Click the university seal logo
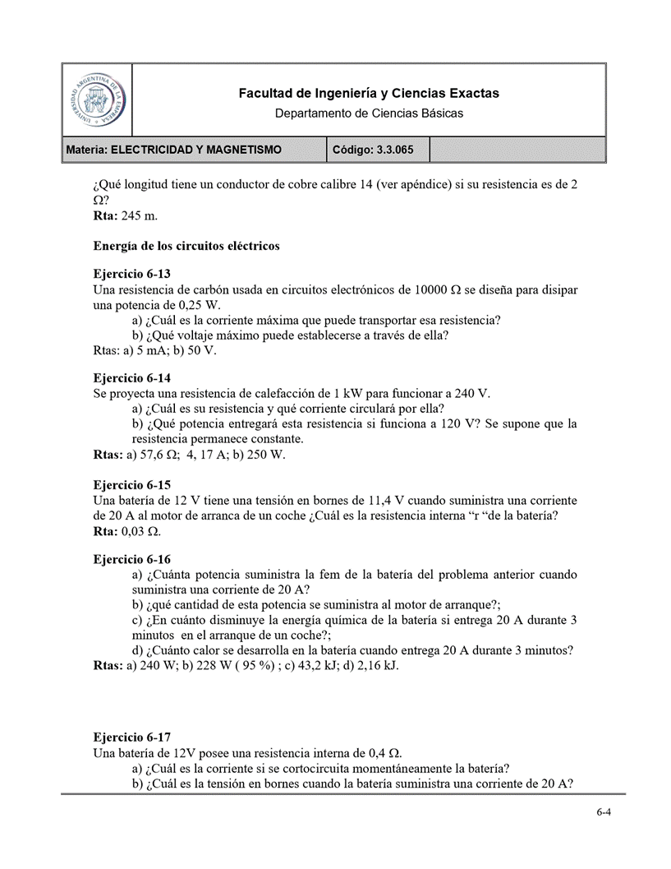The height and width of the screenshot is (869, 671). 97,99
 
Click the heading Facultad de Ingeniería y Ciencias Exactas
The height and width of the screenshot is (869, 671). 369,94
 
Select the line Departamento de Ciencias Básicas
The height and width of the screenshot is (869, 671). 369,113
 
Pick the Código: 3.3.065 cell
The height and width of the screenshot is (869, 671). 367,150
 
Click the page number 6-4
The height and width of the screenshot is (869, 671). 604,812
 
